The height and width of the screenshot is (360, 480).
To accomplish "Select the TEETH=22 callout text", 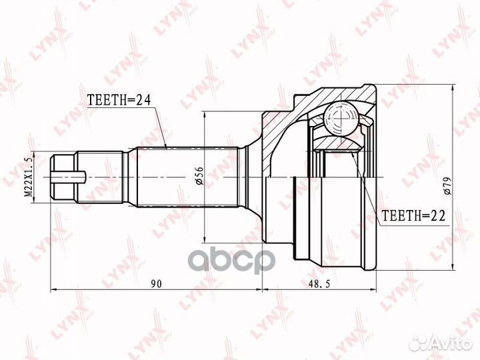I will click(413, 215).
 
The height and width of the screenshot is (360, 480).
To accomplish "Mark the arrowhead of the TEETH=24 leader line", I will click(164, 146).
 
